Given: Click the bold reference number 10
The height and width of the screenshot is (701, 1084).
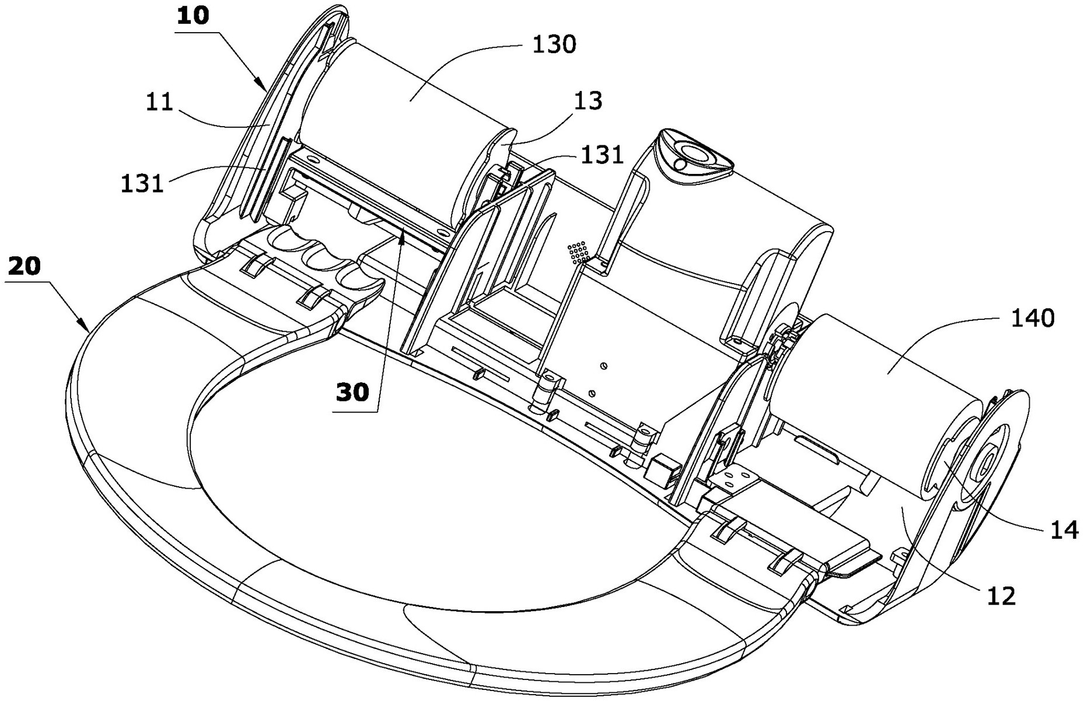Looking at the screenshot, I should [193, 16].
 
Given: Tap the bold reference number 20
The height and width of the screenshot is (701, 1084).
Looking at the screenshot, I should [25, 267].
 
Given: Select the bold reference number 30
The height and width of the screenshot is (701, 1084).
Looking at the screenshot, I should [353, 392].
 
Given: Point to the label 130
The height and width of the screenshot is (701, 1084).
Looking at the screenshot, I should [554, 44].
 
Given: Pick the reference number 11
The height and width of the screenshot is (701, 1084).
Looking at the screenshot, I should [159, 103].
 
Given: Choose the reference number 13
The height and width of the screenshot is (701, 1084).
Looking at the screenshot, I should [588, 101].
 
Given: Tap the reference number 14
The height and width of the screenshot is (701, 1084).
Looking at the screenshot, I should [1064, 529].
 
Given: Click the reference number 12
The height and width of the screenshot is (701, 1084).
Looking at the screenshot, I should [1001, 595].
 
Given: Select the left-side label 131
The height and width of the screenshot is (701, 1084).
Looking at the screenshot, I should [142, 184].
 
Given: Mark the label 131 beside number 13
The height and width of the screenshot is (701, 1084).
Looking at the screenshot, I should [602, 155].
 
